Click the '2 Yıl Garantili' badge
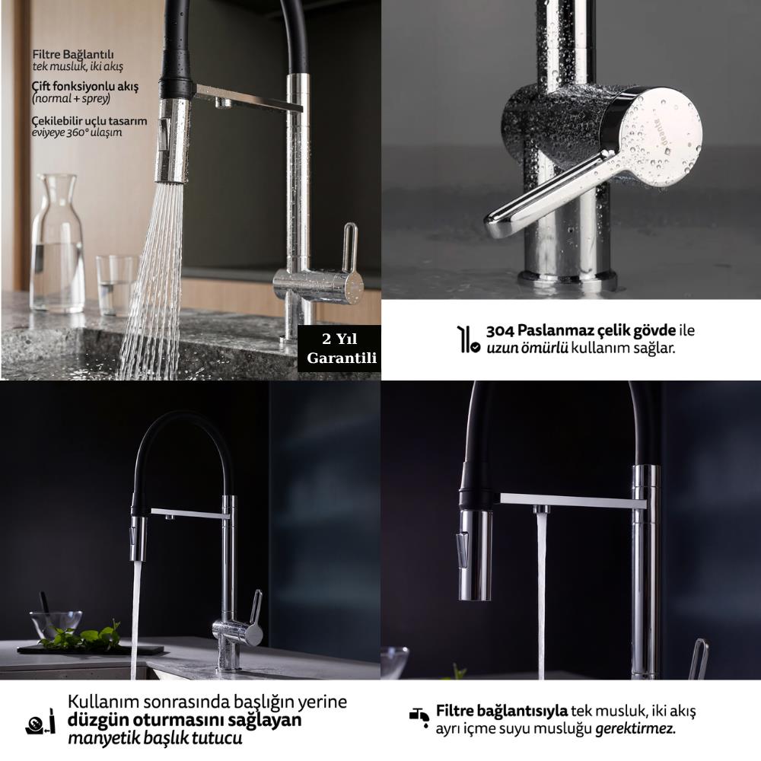point(339,348)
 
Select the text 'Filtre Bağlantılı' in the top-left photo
point(73,54)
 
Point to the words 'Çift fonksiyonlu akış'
point(85,87)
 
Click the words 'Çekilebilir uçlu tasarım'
point(89,120)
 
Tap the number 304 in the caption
point(500,331)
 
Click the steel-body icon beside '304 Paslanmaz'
point(468,339)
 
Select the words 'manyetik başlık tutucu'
point(154,738)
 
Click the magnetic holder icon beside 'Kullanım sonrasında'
point(40,721)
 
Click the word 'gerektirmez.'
point(635,728)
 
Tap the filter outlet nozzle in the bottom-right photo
point(541,510)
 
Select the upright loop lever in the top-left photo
point(350,247)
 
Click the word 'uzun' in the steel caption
point(501,349)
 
